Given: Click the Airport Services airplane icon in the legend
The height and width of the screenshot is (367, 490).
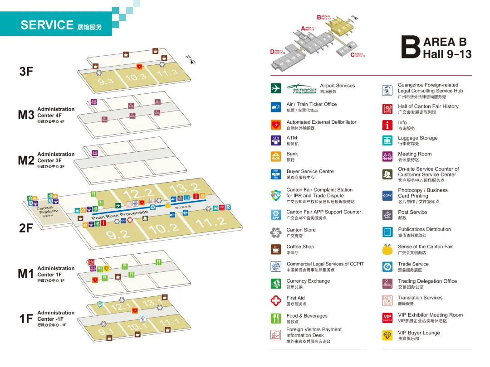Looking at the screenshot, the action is (276, 88).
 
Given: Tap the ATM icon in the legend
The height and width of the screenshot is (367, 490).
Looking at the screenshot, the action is (276, 140).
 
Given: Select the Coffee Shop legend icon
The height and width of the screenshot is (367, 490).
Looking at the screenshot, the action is (276, 249).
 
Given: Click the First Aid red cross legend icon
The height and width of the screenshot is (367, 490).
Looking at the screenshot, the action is (276, 300).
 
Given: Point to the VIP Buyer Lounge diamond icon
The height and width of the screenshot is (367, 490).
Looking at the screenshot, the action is (387, 335).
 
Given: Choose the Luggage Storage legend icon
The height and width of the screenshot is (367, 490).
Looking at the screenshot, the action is (387, 140).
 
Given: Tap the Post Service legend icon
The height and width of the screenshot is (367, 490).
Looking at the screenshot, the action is (387, 215).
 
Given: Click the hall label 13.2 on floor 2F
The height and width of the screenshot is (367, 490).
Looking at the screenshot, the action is (185, 188).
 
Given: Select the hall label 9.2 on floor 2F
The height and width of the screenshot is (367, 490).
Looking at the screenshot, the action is (118, 234).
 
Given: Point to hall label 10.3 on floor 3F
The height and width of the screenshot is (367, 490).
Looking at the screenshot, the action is (136, 77).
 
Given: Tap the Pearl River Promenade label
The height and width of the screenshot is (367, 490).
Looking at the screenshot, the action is (120, 215).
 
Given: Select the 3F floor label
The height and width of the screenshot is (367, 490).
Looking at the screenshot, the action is (26, 71).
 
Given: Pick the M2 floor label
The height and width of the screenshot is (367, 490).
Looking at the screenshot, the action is (26, 160).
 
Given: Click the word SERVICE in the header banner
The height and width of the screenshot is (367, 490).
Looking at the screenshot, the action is (47, 25).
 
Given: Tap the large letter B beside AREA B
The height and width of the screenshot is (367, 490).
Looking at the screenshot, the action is (411, 48).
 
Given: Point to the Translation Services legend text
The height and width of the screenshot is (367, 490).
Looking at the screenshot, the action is (420, 298).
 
